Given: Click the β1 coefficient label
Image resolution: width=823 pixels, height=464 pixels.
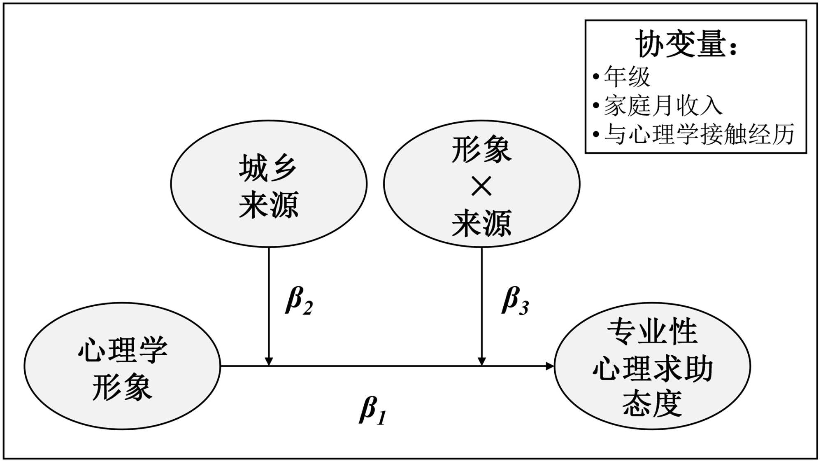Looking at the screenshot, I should coord(372,411).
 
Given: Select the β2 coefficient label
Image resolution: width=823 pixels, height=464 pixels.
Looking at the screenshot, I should coord(299,301).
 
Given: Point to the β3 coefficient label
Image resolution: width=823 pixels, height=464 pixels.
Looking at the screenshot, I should coord(515,301).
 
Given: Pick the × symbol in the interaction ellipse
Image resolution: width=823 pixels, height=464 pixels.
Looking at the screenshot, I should coord(481,187).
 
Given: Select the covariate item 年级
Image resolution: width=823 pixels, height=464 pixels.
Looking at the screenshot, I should coord(627,77).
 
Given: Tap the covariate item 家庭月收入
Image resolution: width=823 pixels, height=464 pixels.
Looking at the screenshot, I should coord(663,106).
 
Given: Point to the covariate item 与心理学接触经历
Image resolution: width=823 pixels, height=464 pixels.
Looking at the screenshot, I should coord(699,134).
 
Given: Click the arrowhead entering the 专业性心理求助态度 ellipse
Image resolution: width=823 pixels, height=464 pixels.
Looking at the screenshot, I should coord(551,366).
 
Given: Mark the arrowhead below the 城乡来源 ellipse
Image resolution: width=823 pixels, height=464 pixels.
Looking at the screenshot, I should coord(269,361).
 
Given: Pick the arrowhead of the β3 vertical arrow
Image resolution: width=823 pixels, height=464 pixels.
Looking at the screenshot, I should coord(481,361).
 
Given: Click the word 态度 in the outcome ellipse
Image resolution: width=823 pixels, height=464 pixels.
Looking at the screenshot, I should coord(652,403).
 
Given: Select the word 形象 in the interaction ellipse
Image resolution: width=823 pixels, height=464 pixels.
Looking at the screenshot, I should coord(481,150).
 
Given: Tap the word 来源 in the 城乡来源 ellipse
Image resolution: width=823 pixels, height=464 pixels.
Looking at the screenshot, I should coord(269,205).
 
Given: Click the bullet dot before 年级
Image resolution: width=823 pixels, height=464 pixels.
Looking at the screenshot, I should coord(596,77).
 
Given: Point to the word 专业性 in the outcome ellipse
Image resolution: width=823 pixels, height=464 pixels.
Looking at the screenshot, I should coord(652,331).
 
